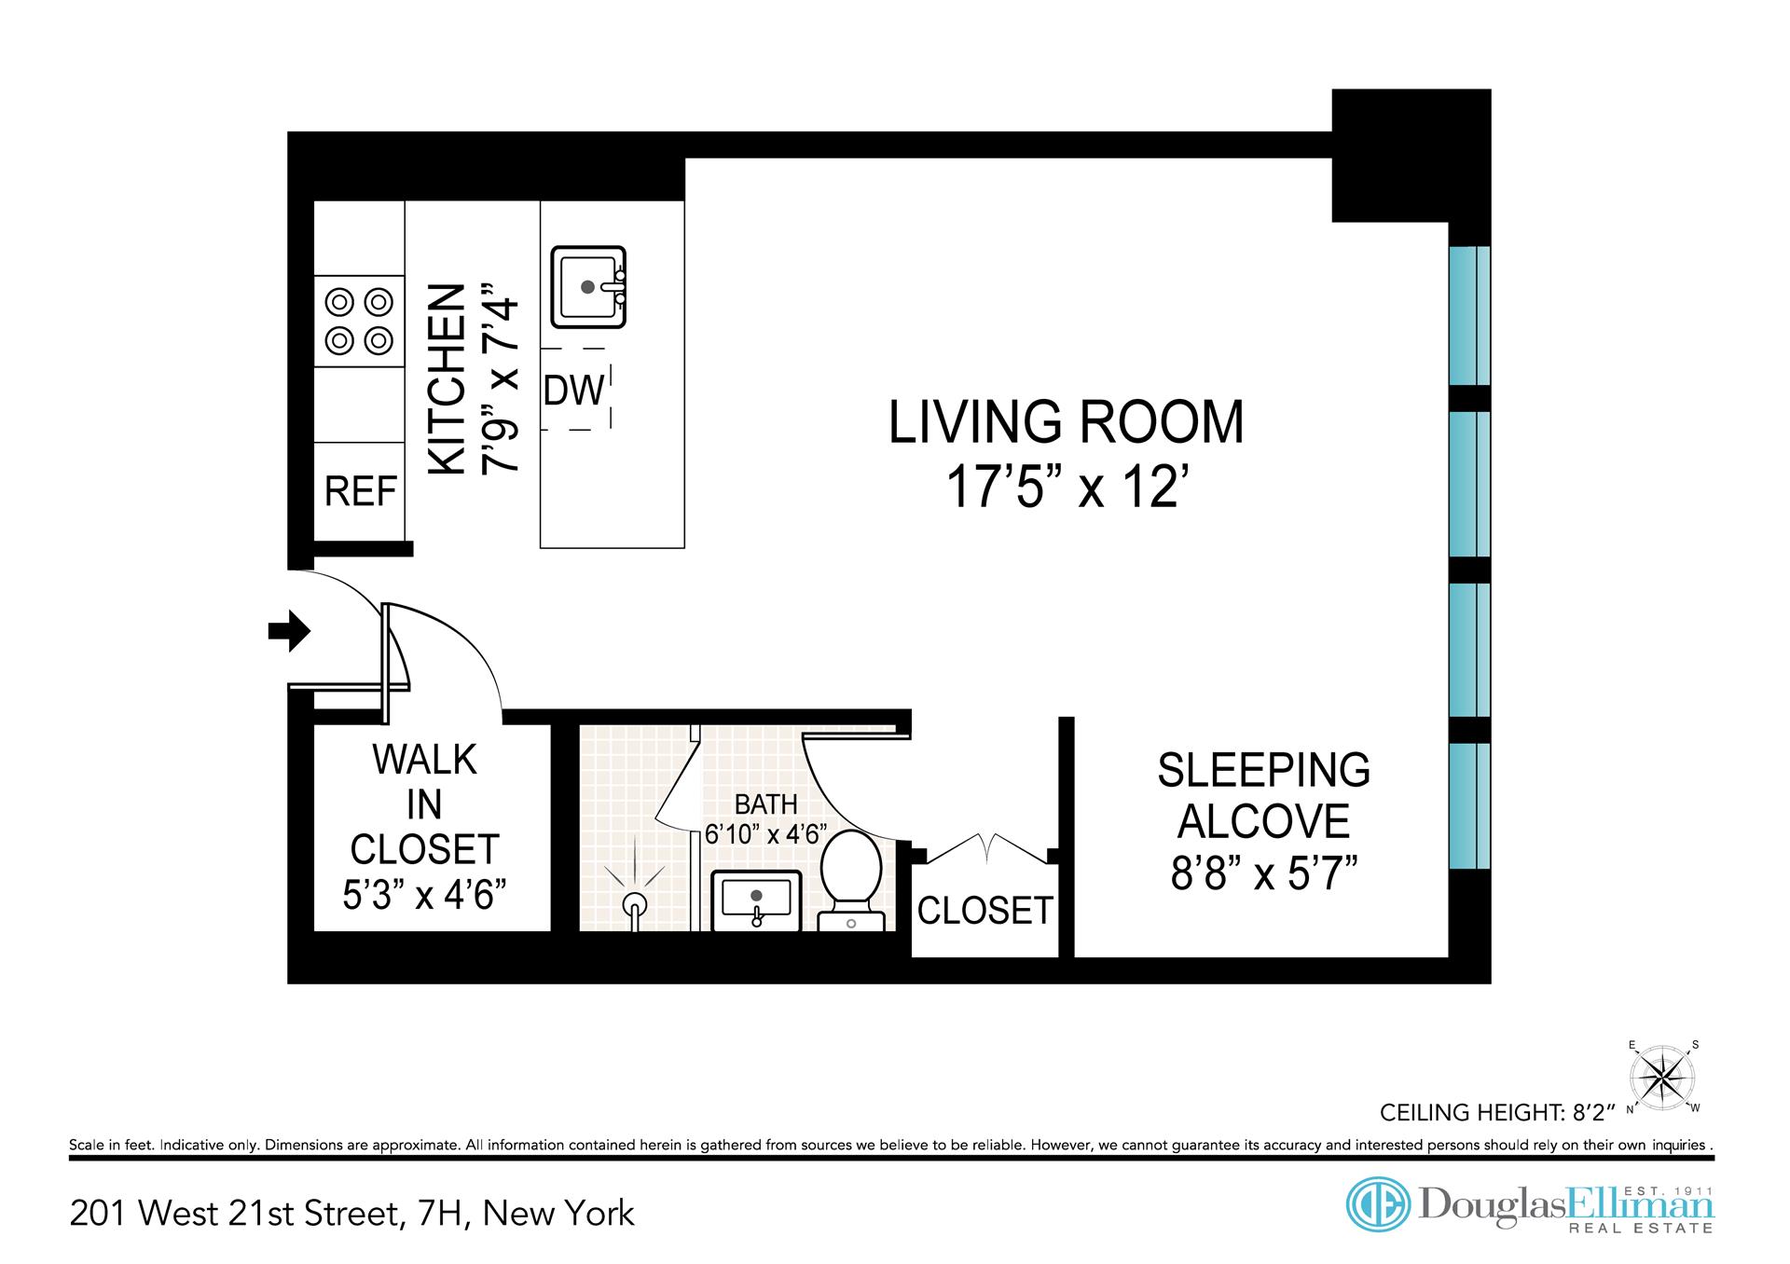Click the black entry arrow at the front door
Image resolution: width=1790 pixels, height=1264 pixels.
tap(289, 631)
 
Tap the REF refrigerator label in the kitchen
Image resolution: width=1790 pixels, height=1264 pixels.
tap(361, 490)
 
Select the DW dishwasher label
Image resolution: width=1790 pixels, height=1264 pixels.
tap(574, 391)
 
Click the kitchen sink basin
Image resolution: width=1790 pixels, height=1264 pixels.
tap(588, 287)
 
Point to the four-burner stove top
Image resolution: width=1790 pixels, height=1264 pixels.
tap(359, 322)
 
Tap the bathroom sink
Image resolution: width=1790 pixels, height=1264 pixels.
tap(757, 900)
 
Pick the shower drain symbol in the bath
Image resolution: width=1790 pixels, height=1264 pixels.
tap(635, 905)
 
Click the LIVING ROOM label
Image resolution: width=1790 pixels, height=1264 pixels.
tap(1066, 422)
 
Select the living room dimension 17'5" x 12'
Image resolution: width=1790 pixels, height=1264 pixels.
tap(1070, 487)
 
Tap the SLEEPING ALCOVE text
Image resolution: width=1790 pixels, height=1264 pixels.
tap(1264, 795)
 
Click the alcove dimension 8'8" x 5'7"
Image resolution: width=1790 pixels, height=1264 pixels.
tap(1264, 873)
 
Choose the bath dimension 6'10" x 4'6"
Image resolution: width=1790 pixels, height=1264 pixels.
tap(766, 833)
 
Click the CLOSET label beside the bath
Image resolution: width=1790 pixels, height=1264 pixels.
tap(985, 910)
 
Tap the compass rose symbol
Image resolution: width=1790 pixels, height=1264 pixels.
tap(1663, 1078)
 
